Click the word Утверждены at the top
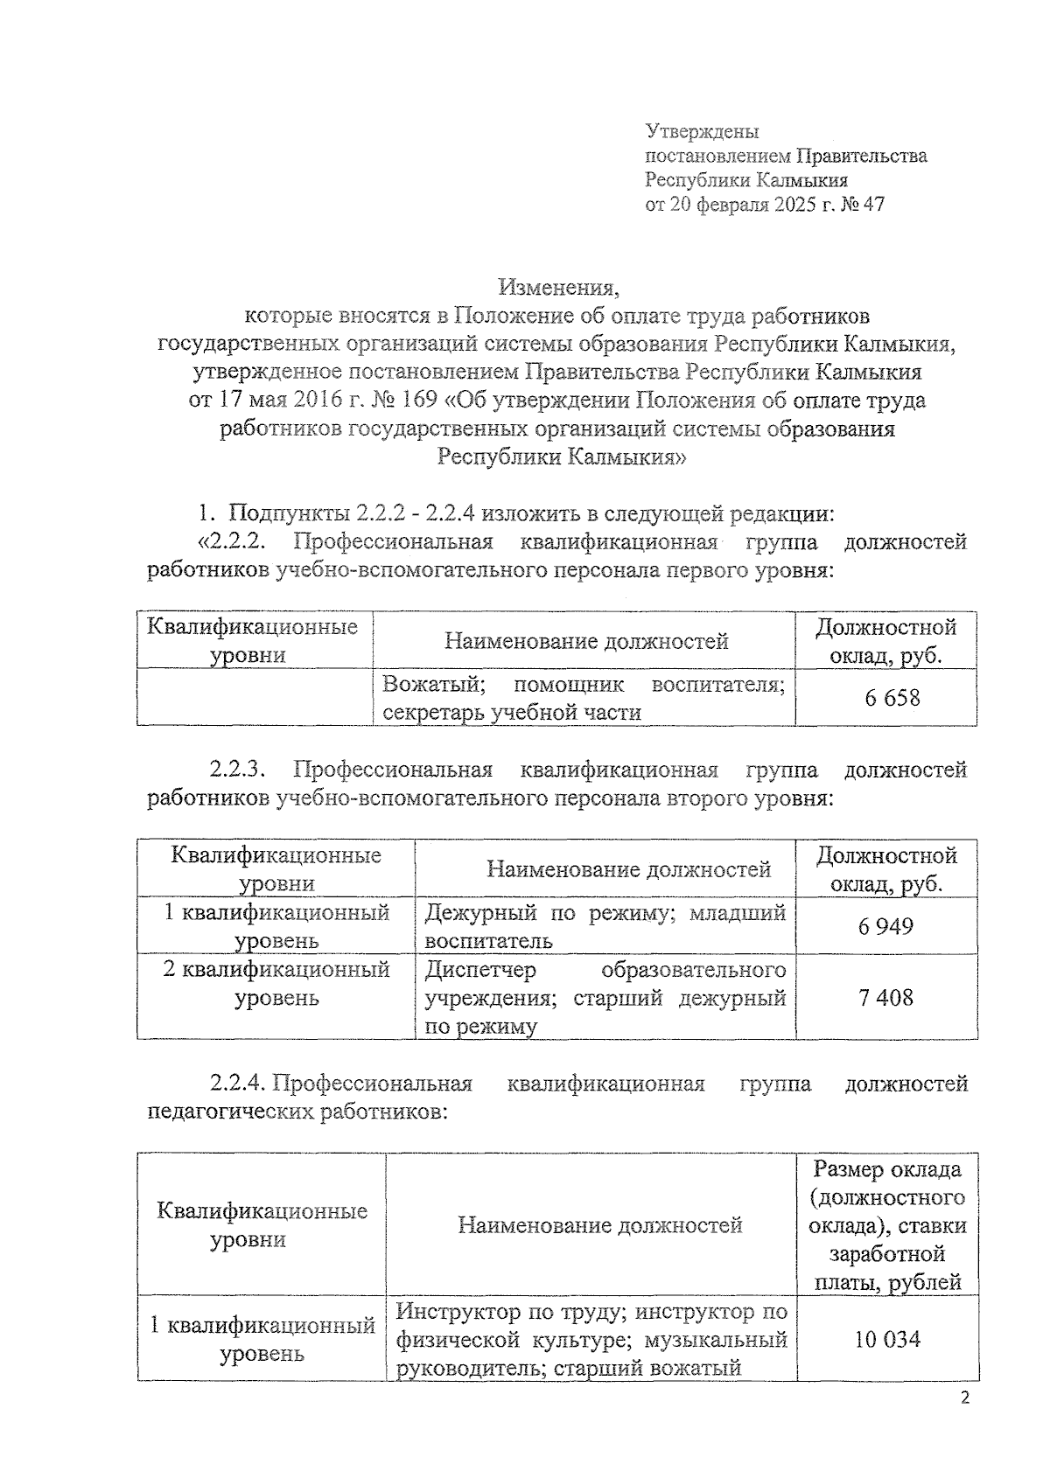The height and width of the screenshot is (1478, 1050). click(702, 132)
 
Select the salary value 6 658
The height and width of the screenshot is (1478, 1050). click(885, 697)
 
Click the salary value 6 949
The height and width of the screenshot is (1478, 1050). click(885, 925)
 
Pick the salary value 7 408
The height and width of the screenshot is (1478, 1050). click(885, 997)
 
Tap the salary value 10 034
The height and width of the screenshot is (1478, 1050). click(885, 1339)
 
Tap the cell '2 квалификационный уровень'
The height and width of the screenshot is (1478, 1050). click(276, 983)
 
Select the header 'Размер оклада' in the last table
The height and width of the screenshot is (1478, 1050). click(885, 1169)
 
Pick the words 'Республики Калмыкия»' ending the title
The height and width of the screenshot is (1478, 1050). click(561, 457)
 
